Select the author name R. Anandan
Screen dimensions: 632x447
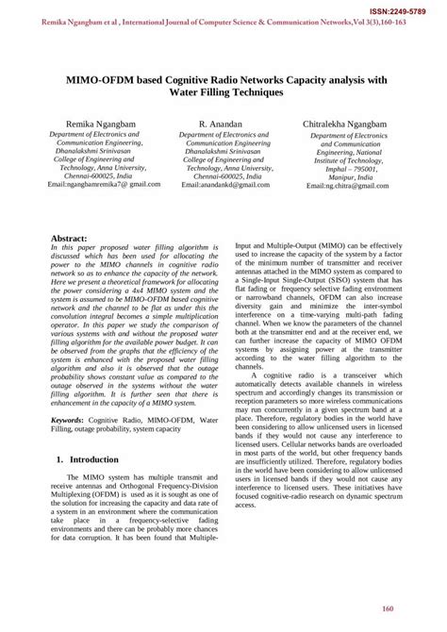pyautogui.click(x=223, y=124)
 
